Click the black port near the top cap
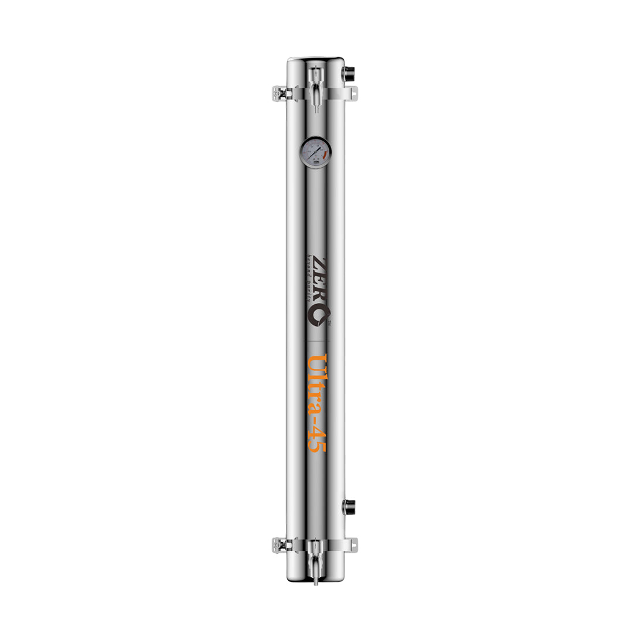tap(349, 73)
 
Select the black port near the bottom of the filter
tap(349, 506)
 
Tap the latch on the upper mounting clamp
tap(280, 93)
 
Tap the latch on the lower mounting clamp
tap(280, 544)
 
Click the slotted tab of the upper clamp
tap(352, 93)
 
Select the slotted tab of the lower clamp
tap(352, 544)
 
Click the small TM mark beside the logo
tap(329, 323)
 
